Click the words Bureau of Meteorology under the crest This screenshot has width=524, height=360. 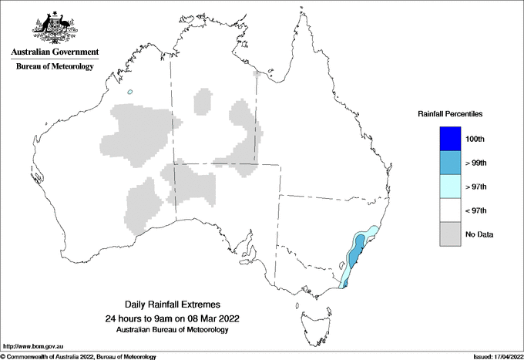(55, 66)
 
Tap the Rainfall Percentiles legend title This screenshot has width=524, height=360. (450, 114)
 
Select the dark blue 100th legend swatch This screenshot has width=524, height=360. (451, 139)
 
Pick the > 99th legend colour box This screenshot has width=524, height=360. (451, 163)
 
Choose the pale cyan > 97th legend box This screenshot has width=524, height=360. (451, 187)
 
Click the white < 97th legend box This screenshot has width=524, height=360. (451, 210)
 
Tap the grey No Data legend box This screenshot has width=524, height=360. (451, 234)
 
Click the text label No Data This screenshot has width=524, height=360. (479, 234)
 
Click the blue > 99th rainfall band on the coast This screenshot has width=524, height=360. (355, 253)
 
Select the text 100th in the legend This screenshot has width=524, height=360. (475, 139)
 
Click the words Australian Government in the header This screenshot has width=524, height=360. (55, 52)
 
